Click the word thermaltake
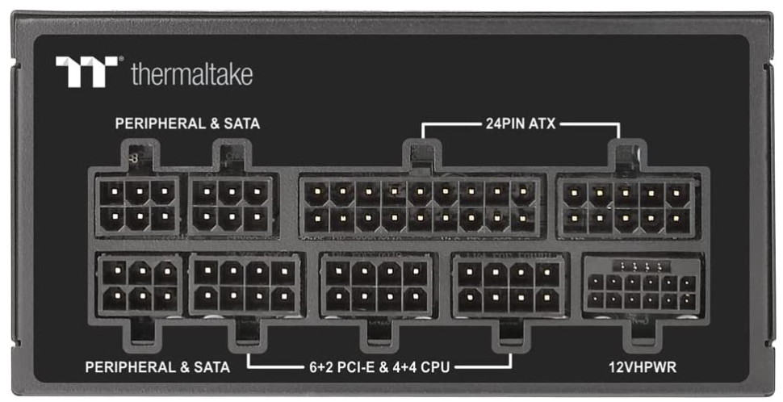click(191, 75)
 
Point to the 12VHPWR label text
click(642, 367)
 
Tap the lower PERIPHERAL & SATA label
click(157, 367)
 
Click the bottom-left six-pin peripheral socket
click(139, 285)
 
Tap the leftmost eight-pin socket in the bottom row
click(245, 285)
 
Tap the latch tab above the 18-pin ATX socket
click(420, 155)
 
